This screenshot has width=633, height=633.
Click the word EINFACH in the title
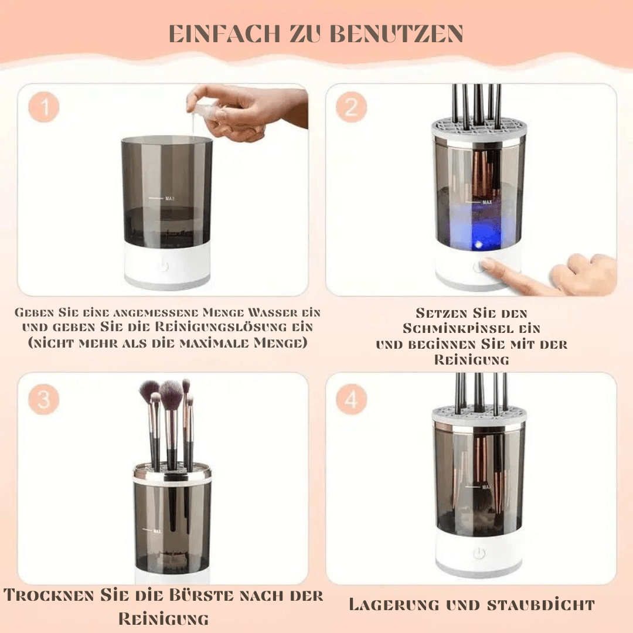click(224, 33)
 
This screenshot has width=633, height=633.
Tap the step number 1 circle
click(43, 107)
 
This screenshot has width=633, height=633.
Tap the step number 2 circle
click(351, 107)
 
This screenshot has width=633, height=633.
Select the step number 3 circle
click(43, 399)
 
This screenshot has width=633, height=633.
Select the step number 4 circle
click(351, 399)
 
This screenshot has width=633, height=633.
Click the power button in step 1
click(163, 267)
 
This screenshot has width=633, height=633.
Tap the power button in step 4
click(479, 553)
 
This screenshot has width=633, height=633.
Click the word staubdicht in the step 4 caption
click(541, 605)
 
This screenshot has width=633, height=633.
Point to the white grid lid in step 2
click(478, 127)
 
